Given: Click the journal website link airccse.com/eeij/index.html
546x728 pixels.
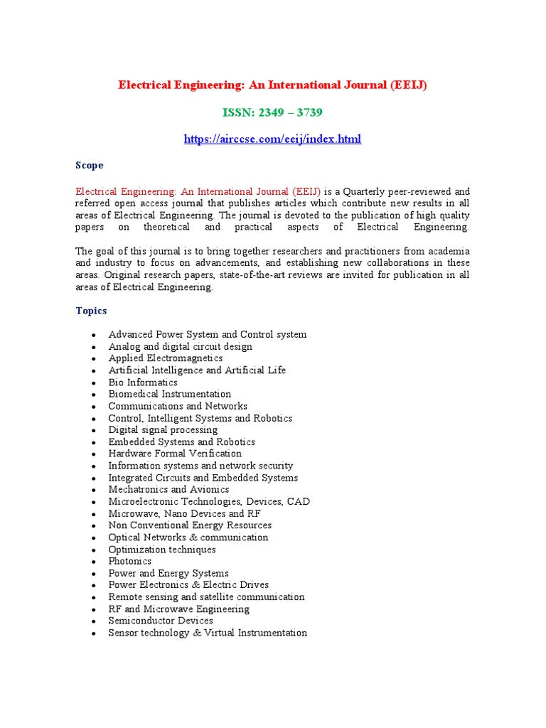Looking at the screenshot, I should pos(272,139).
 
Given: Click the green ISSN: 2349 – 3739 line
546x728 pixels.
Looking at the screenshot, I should pos(272,112).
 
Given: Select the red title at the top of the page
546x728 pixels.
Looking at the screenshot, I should pos(272,85).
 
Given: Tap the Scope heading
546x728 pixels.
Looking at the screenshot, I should pos(90,165).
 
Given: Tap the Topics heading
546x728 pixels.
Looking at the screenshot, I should pos(92,311).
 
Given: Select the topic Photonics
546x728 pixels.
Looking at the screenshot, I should pos(129,562).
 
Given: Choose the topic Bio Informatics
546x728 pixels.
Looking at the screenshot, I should pos(143,382).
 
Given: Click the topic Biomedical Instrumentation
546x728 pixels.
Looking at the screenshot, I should pos(169,394).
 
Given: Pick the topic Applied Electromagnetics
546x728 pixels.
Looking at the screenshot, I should pos(165,358).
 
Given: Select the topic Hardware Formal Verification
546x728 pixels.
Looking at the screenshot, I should pos(175,454).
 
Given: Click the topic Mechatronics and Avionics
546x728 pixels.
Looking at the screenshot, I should pos(168,489).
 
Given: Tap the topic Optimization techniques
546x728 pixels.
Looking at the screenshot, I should pos(162,550).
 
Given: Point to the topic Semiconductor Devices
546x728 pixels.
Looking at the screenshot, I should pos(161,621).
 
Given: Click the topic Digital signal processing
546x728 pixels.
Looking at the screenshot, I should pos(163,430).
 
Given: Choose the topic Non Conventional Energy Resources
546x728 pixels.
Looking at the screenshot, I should pos(190,525).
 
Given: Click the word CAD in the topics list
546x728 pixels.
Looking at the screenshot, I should pos(298,501).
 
